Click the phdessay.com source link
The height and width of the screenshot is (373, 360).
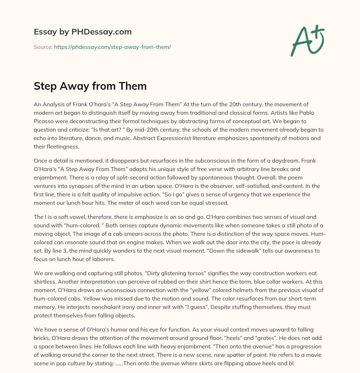(x=112, y=47)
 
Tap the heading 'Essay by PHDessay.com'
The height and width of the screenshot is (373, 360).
(x=83, y=32)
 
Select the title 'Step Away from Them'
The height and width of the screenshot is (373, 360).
(x=90, y=86)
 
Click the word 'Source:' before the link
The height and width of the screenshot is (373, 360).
(x=43, y=47)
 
